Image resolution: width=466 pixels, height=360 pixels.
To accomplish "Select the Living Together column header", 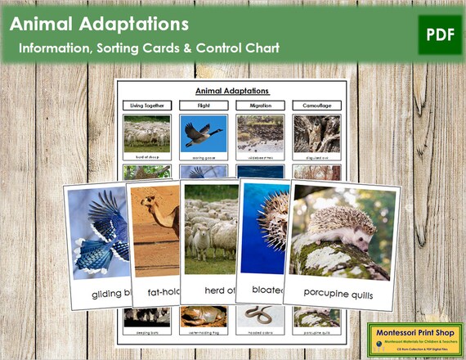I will (147, 106).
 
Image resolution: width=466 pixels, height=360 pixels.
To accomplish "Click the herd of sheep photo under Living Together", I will (147, 133).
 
